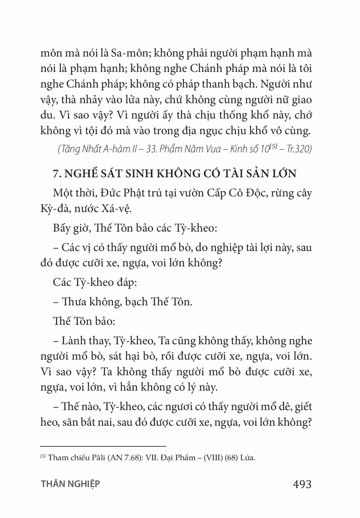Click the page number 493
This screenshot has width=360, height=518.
[x=302, y=484]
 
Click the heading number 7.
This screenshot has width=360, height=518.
[x=56, y=174]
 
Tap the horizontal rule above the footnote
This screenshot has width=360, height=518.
[x=103, y=445]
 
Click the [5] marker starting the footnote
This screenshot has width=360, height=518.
[x=43, y=457]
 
